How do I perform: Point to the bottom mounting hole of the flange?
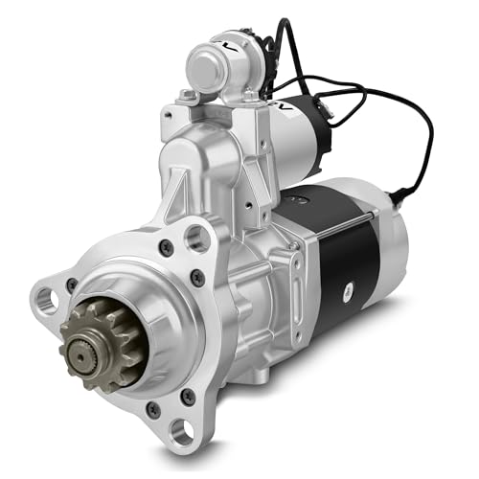179,433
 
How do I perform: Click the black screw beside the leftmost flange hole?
72,285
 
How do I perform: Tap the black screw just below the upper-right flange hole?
197,279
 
